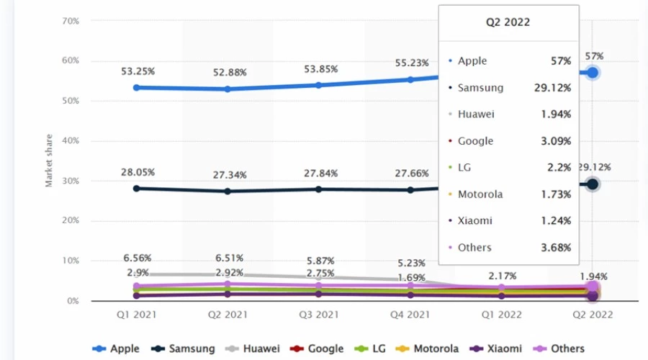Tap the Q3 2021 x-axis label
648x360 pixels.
pyautogui.click(x=318, y=314)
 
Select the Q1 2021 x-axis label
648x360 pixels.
pyautogui.click(x=136, y=314)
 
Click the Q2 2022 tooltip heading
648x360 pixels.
pyautogui.click(x=508, y=22)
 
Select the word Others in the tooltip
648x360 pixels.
pyautogui.click(x=474, y=247)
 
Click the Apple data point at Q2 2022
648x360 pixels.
pyautogui.click(x=593, y=73)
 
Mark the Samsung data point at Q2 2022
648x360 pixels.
pyautogui.click(x=593, y=184)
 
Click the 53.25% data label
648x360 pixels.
pyautogui.click(x=136, y=71)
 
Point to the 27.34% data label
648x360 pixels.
pyautogui.click(x=228, y=175)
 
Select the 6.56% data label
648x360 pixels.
pyautogui.click(x=136, y=258)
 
